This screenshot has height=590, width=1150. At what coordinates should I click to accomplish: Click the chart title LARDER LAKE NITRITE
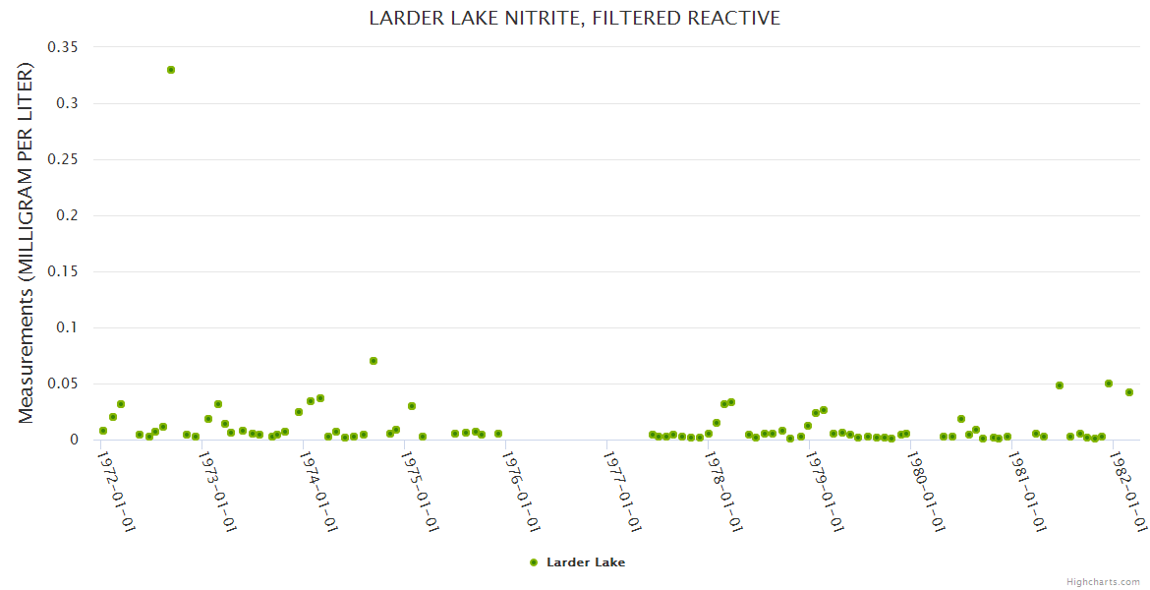pos(574,18)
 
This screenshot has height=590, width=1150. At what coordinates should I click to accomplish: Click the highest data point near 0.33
pos(171,70)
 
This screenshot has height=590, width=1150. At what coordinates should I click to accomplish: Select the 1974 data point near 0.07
pos(374,361)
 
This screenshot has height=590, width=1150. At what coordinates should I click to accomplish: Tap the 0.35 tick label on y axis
pos(63,47)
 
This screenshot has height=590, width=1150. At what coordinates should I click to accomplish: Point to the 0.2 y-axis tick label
pos(67,215)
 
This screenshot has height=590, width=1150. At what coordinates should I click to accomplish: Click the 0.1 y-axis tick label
pos(67,327)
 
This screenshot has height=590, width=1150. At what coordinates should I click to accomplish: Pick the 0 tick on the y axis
pos(73,440)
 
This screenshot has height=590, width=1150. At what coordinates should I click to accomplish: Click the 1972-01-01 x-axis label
pos(117,491)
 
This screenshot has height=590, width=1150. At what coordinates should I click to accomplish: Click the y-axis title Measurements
pos(27,243)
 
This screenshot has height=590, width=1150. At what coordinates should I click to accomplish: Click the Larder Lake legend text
pos(586,562)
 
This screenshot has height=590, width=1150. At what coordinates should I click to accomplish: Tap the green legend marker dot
pos(534,562)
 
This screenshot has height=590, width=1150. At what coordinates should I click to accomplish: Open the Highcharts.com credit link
pos(1103,582)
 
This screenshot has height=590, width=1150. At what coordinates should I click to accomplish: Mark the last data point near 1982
pos(1129,392)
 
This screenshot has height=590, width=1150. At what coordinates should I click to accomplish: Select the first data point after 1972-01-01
pos(103,431)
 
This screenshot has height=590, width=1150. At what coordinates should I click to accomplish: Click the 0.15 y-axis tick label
pos(63,271)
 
